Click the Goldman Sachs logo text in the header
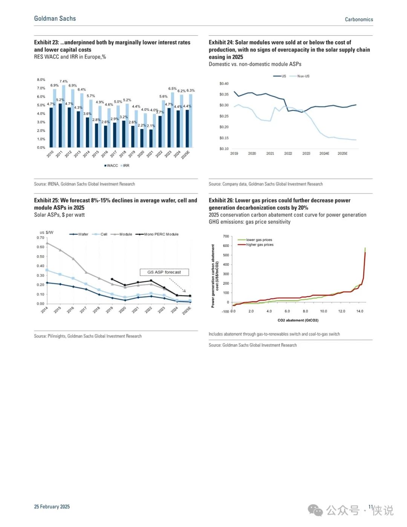[55, 18]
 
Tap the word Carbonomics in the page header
[359, 19]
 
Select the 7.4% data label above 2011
[64, 81]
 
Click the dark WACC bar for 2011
[60, 126]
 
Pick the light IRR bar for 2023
[172, 120]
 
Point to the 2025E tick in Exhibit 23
[186, 155]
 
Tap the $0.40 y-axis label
[224, 84]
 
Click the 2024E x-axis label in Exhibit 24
[324, 153]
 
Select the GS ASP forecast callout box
[164, 272]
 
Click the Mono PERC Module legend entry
[157, 234]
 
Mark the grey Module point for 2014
[47, 243]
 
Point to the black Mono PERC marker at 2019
[112, 279]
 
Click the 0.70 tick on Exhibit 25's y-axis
[40, 237]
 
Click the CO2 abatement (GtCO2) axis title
[298, 320]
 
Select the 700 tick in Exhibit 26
[226, 236]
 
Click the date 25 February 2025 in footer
[52, 506]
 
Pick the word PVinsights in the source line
[57, 336]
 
